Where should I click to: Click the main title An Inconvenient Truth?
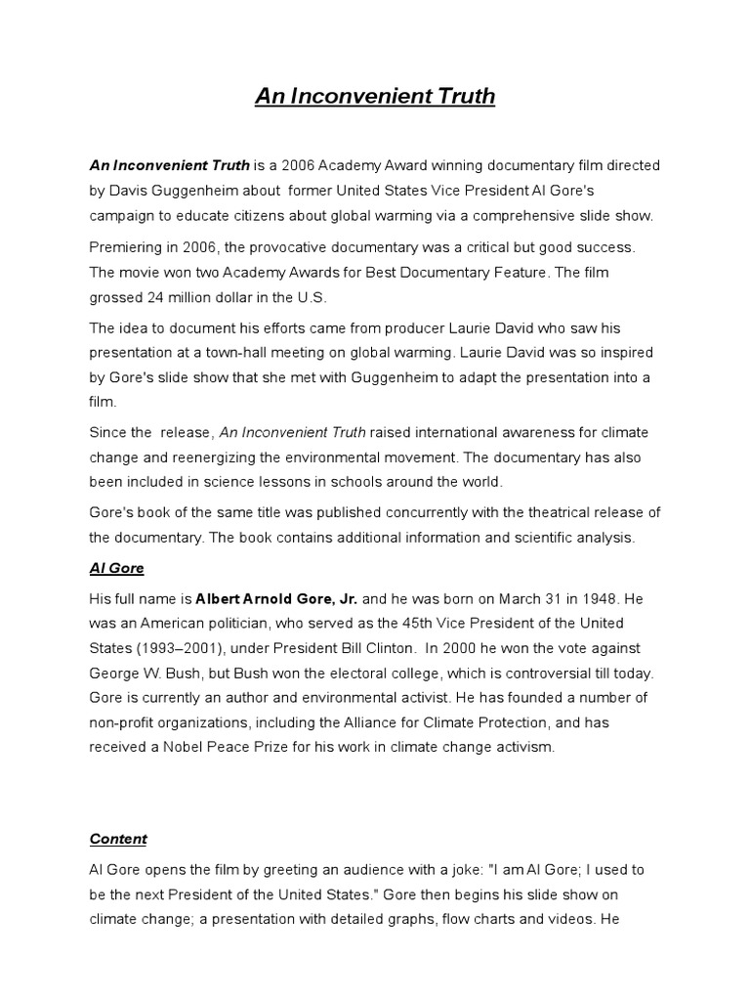[375, 97]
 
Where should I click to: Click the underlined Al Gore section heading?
[117, 568]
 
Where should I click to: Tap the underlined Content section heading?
[118, 839]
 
